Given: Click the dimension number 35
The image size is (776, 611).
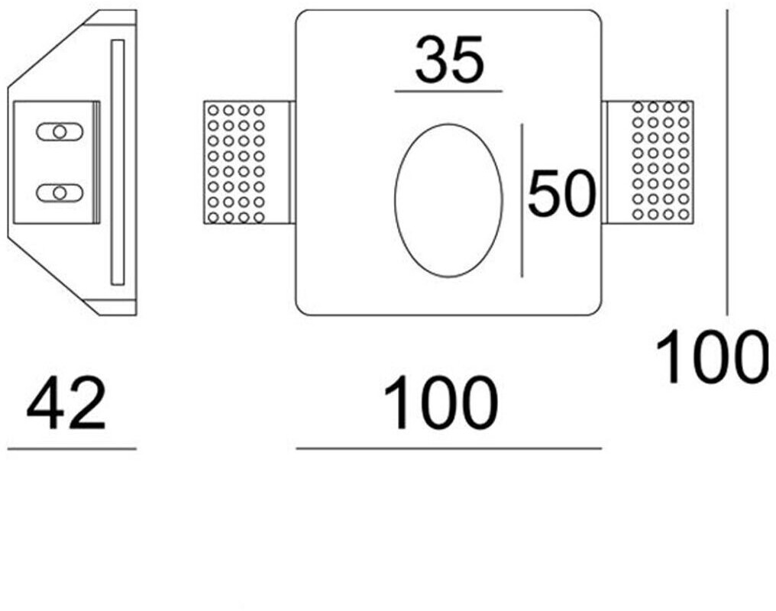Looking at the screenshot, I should point(449,62).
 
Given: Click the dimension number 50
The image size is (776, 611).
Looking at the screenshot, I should point(561,194).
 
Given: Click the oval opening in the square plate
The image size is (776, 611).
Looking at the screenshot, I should point(448,200).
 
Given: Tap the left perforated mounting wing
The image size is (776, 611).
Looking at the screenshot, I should point(235,163).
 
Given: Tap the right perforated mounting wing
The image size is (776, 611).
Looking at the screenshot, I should point(662,163).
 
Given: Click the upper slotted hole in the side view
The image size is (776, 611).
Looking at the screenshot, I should point(58,131).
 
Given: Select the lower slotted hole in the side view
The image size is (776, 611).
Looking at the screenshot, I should point(58,192).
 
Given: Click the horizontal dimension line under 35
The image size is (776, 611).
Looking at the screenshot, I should point(448,92).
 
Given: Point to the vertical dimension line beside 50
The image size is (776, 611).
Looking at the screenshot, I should point(522,200).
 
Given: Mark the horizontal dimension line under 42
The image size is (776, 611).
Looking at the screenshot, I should point(72,448).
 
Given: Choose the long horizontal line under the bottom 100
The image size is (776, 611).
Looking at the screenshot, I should point(448,448).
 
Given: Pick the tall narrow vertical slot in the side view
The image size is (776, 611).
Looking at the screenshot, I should point(117,162).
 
